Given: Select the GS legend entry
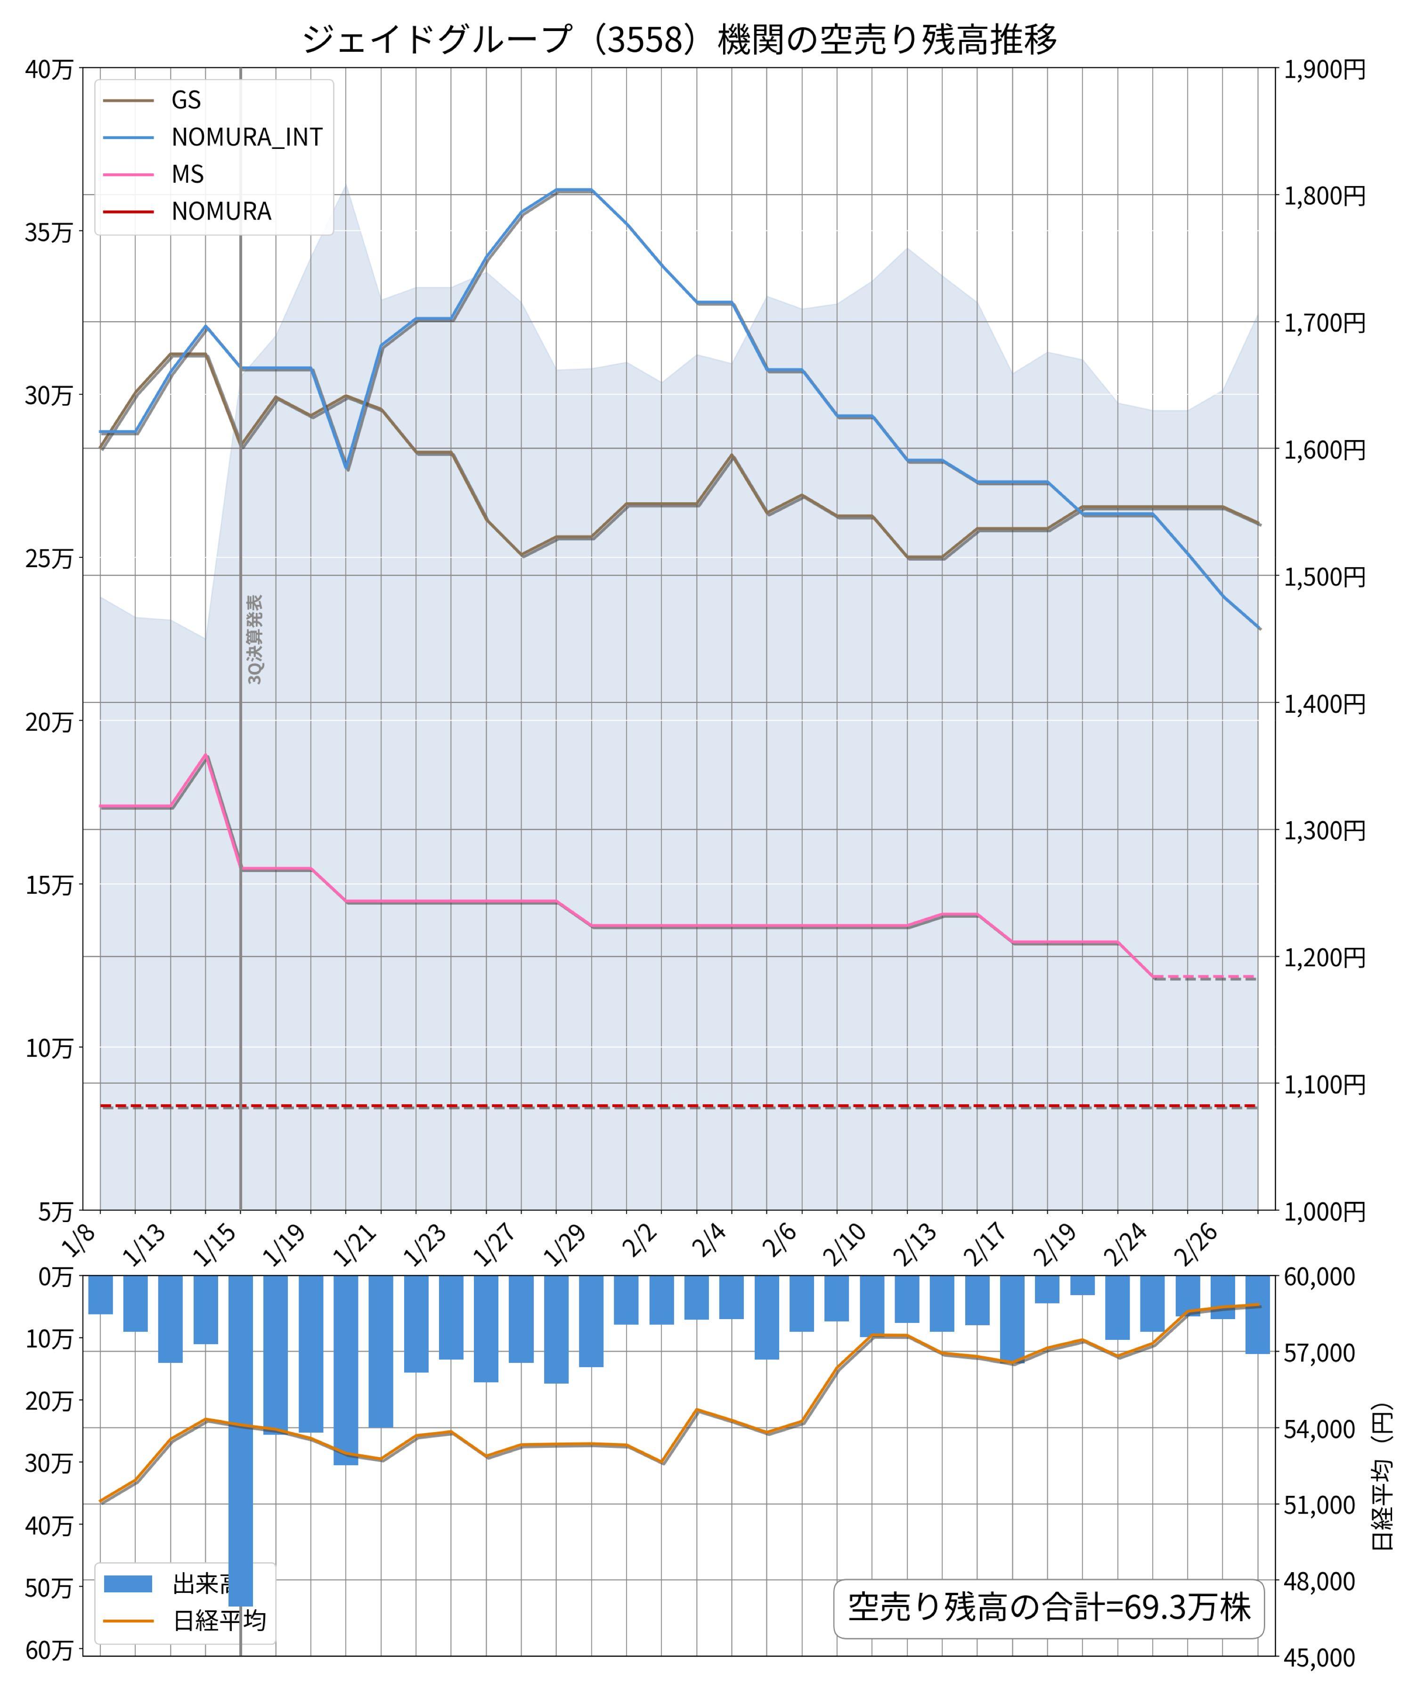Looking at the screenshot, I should point(186,99).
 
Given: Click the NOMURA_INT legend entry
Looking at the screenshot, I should point(246,137).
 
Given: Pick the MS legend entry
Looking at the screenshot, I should point(187,174).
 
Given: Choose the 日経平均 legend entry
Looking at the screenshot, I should point(219,1621).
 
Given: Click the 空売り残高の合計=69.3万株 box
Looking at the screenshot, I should point(1048,1607).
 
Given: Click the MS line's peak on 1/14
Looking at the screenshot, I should point(206,755).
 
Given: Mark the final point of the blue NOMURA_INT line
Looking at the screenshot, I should point(1258,628).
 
